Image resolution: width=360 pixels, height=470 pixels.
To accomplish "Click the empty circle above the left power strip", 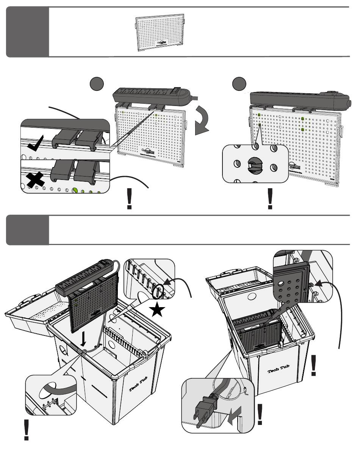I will [x=97, y=83].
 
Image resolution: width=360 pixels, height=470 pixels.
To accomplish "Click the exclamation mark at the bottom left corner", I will [x=26, y=430].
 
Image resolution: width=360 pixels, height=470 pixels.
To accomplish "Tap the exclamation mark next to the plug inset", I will [x=260, y=414].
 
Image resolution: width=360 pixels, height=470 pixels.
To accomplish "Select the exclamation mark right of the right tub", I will [x=313, y=365].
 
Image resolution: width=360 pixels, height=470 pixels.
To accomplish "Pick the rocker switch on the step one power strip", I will [x=175, y=91].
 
